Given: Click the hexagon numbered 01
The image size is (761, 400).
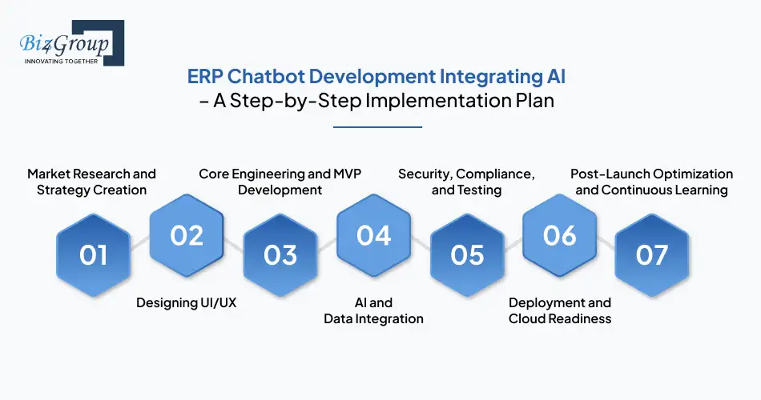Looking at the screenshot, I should [x=93, y=254].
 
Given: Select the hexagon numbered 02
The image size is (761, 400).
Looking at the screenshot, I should [x=186, y=234].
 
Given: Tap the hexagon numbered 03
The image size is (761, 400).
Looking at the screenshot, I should [x=280, y=254].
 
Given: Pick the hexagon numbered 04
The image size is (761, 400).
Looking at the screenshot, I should [x=373, y=234].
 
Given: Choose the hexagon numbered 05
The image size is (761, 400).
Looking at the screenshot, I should [x=467, y=254].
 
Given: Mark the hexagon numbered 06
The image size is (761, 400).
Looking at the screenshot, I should [x=559, y=234].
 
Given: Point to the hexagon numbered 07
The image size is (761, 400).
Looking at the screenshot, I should [x=652, y=254].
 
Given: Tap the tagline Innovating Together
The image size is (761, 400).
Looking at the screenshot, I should [x=62, y=60].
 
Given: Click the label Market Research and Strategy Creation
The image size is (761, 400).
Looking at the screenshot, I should [x=91, y=182].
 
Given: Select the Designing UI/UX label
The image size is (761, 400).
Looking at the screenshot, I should [x=186, y=302].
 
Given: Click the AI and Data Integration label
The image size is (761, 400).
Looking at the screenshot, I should [x=373, y=310].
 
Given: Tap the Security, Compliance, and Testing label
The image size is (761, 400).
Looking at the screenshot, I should [x=466, y=182].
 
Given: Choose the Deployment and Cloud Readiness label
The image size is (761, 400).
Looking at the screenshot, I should [x=559, y=310].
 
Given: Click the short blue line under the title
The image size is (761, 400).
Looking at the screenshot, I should [x=376, y=126].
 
